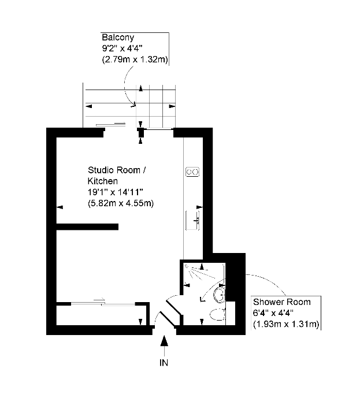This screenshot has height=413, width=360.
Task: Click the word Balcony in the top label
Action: tap(114, 38)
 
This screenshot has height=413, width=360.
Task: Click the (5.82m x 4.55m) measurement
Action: tap(120, 203)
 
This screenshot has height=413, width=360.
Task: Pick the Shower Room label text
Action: tap(281, 302)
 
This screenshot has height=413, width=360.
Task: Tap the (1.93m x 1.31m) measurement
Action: tap(286, 324)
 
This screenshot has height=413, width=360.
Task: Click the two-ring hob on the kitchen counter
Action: tap(192, 172)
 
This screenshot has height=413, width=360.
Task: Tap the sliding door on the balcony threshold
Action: tap(110, 124)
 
